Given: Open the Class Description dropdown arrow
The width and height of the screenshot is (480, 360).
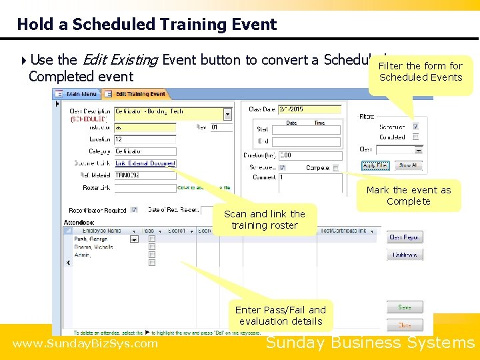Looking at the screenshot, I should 228,114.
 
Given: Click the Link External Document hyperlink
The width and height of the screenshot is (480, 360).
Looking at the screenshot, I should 145,163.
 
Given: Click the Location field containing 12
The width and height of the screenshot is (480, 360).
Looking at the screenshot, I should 145,139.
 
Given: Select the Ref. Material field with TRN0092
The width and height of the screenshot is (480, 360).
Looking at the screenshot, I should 145,175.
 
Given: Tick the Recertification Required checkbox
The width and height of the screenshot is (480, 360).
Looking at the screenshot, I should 134,209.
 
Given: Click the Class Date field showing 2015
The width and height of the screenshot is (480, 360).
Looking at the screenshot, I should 304,109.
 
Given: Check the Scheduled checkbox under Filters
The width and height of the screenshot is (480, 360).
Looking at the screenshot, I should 415,126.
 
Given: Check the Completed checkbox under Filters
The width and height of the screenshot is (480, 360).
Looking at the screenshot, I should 415,137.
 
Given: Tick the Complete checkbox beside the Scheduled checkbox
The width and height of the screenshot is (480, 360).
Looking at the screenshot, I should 335,168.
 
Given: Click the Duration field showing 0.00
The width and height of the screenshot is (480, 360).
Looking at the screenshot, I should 307,155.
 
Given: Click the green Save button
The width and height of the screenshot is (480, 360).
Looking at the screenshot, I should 405,308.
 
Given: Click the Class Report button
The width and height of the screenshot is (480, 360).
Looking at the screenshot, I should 405,237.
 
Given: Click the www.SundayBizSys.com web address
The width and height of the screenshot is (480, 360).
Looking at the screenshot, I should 85,344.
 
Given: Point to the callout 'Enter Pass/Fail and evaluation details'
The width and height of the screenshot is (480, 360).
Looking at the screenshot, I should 281,315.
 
